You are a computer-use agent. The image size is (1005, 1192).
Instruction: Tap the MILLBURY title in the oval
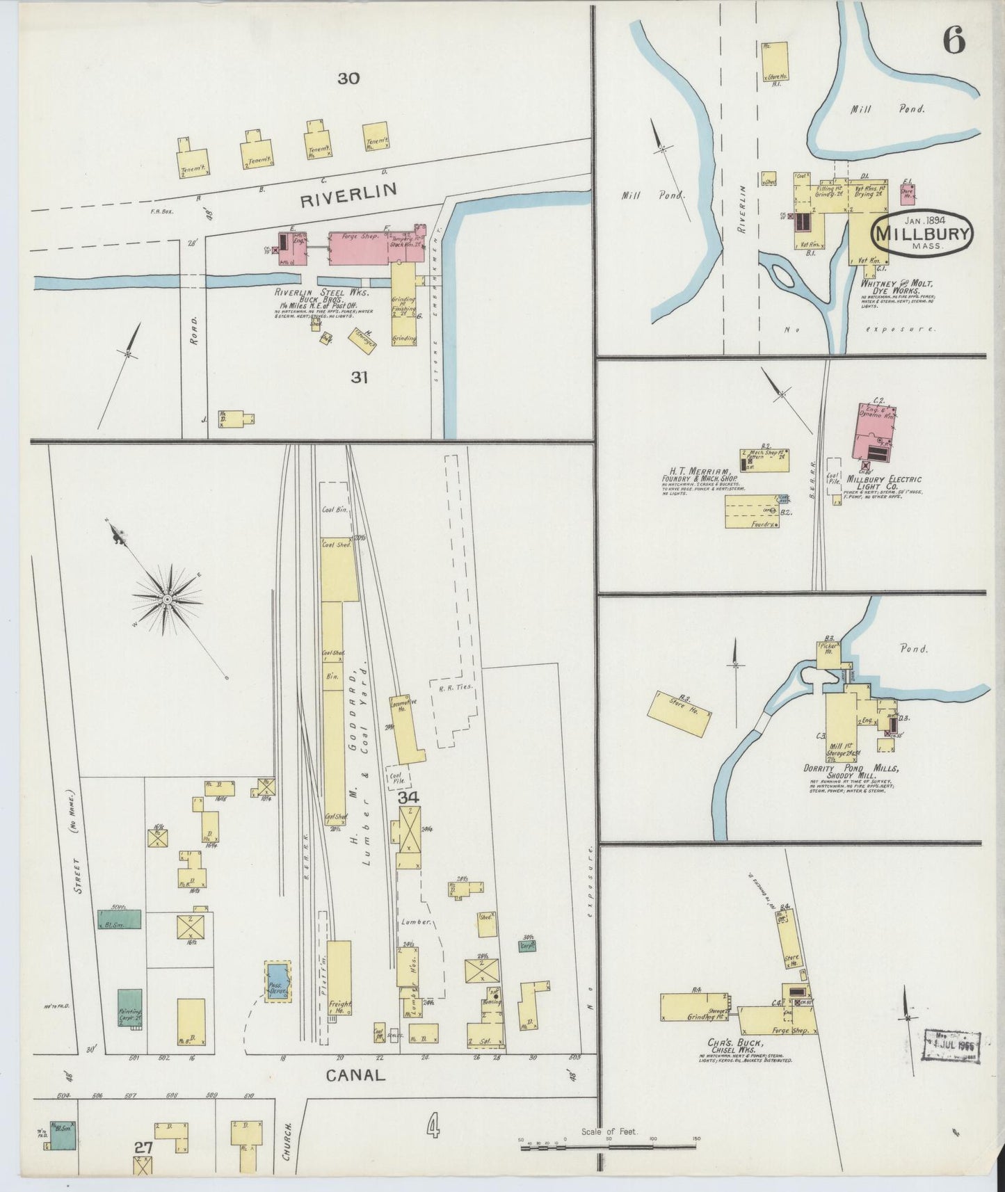(x=922, y=233)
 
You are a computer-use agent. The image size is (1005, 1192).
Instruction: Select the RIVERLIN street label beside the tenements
(x=348, y=195)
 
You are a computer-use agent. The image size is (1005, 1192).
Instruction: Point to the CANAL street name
(x=355, y=1075)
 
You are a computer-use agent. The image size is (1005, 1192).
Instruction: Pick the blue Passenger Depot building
(x=278, y=981)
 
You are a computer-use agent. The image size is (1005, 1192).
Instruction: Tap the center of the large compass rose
(x=168, y=599)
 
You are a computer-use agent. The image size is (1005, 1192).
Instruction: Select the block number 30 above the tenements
(x=348, y=79)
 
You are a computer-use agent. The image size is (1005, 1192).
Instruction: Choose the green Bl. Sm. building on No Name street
(x=120, y=919)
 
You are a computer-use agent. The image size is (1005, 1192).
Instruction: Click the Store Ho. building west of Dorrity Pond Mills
(x=680, y=714)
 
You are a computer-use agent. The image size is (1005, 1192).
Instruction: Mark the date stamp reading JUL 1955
(x=951, y=1045)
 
